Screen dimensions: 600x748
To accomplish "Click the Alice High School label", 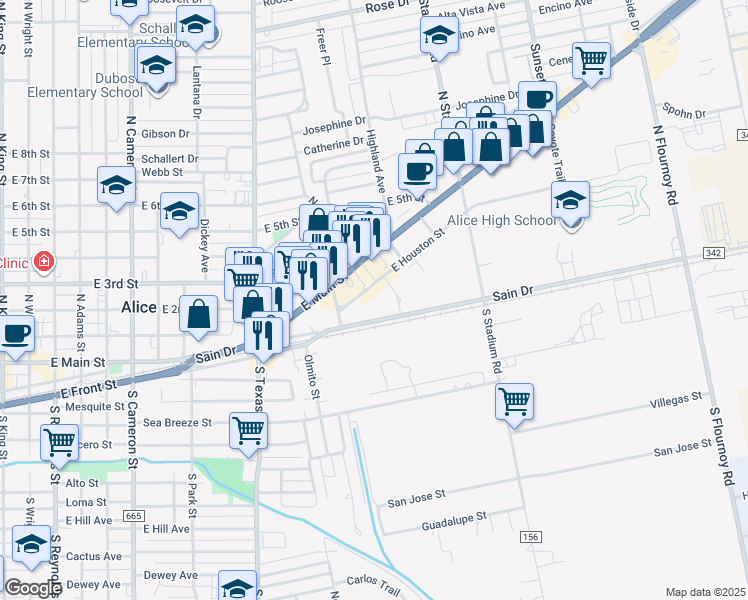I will tap(501, 220).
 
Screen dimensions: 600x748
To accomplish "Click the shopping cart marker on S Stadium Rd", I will tap(514, 402).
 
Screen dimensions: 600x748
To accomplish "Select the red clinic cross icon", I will tap(43, 263).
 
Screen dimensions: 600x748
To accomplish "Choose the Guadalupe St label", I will tap(452, 519).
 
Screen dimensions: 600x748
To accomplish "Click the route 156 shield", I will tap(530, 538).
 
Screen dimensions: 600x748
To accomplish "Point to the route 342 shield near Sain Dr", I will tap(713, 254).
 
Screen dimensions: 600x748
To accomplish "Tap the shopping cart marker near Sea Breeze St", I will tap(247, 430).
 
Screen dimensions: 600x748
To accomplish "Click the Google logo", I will tap(33, 588).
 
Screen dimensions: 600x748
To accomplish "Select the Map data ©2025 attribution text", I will tap(703, 592).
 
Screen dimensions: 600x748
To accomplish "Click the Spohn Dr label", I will tap(684, 113).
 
